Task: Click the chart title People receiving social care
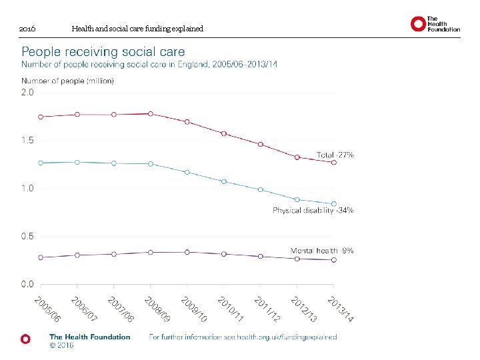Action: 103,51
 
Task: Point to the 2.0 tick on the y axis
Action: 27,93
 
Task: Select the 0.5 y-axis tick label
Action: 27,236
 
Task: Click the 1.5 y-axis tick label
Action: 27,141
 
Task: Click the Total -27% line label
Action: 335,155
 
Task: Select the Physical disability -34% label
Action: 313,210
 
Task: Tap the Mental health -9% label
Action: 322,251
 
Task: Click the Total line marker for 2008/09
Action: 151,114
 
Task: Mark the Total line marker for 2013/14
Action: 334,162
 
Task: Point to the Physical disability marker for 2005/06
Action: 41,163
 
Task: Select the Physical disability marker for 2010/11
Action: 224,181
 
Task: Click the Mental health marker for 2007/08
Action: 114,254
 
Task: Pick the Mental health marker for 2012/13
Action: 297,259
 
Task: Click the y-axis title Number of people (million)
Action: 68,81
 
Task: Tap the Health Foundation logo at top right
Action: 435,25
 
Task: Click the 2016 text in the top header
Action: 27,29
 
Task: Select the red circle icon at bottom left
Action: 25,339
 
